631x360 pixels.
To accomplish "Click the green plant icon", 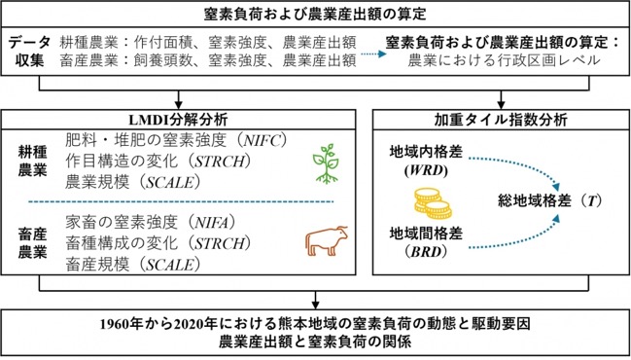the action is [325, 163].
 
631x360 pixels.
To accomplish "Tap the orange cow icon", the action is [327, 240].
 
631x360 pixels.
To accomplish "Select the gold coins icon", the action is [433, 203].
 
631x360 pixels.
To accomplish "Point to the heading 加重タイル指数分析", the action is [501, 120].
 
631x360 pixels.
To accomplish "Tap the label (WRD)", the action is [426, 170].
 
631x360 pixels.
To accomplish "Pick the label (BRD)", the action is [426, 252].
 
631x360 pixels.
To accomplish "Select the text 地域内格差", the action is [426, 152].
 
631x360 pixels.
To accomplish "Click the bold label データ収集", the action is [30, 52].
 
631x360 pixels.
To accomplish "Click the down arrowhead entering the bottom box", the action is [315, 305].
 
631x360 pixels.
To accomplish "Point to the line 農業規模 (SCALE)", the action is [133, 183].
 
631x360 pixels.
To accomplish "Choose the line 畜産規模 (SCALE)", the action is [133, 264].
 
